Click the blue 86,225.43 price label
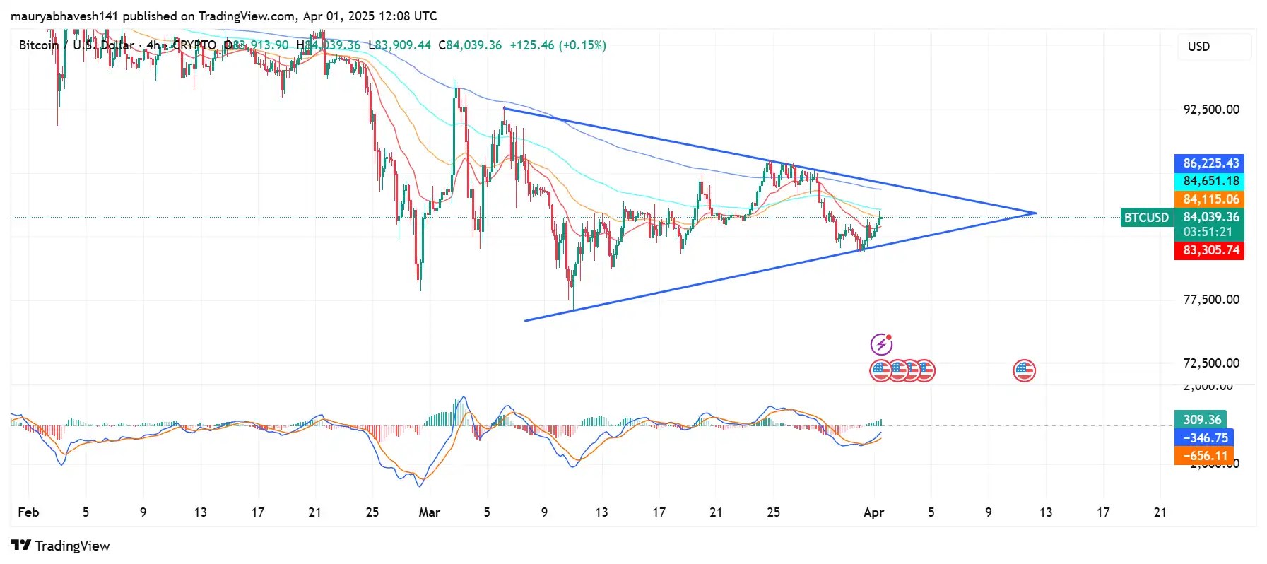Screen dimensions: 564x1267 click(x=1210, y=163)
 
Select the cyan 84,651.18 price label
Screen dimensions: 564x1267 click(x=1210, y=181)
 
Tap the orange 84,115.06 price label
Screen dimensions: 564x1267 click(x=1210, y=199)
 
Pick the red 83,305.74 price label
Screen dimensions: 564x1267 click(x=1210, y=250)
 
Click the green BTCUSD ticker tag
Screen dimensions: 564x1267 click(x=1145, y=218)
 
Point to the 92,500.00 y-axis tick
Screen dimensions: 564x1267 click(x=1211, y=110)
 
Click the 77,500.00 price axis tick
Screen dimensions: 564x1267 click(x=1211, y=300)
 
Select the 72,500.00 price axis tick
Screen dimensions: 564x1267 click(x=1211, y=363)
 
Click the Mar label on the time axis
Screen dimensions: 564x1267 click(x=429, y=512)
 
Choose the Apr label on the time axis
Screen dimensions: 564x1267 click(x=873, y=512)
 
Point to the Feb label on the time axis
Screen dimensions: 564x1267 click(x=28, y=512)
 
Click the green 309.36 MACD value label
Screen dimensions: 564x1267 click(x=1201, y=420)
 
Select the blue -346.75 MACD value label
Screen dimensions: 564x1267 click(x=1205, y=438)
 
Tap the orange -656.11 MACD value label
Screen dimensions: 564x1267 click(x=1205, y=457)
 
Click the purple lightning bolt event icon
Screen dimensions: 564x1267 click(x=881, y=344)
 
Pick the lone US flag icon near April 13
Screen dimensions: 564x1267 click(x=1024, y=370)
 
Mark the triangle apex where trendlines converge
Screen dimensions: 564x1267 click(x=1036, y=213)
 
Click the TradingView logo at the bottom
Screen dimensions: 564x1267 click(x=61, y=546)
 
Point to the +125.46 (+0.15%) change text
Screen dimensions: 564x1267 click(x=558, y=45)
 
